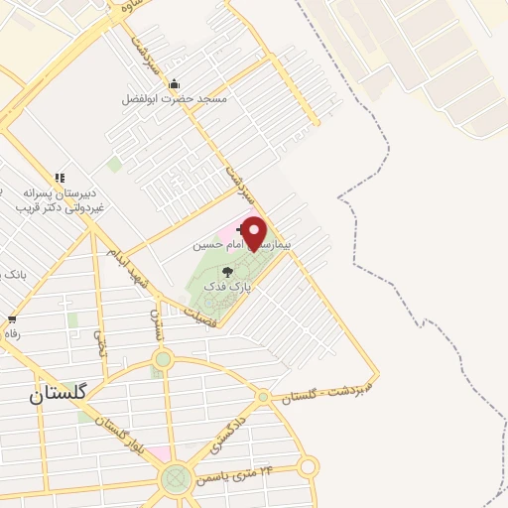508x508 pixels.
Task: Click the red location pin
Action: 255,232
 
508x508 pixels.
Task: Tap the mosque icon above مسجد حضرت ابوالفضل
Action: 174,83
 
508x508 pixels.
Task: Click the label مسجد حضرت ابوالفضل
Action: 175,99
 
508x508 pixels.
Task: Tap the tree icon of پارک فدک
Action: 227,271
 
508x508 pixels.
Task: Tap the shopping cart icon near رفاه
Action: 11,319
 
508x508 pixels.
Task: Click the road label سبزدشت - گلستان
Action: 326,388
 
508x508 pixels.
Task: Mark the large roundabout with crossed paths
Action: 178,480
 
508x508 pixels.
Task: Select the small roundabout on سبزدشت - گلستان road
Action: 263,396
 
